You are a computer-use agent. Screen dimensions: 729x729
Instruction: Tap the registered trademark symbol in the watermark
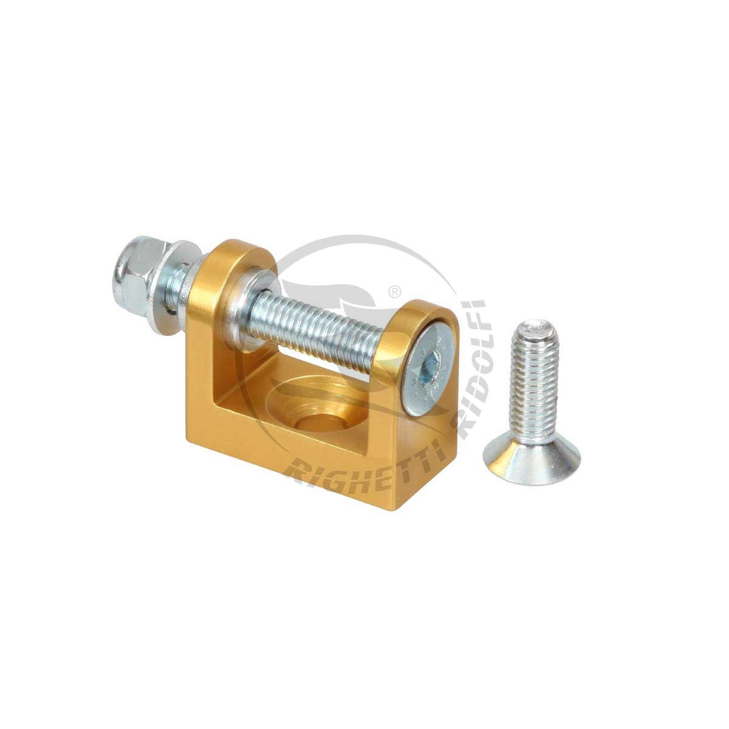coord(395,292)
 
